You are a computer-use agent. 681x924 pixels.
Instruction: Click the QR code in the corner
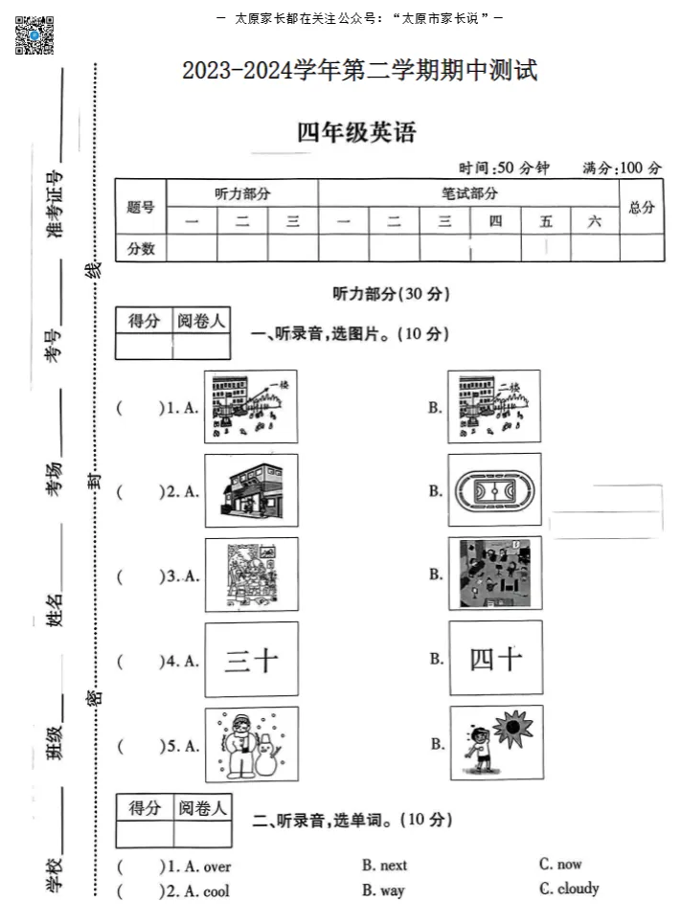point(34,34)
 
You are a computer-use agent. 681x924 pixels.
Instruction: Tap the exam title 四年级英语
point(357,133)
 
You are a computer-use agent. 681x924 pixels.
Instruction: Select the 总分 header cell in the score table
point(641,207)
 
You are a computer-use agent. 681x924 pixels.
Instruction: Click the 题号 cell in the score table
point(141,207)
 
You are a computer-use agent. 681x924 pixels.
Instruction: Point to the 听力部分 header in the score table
point(241,193)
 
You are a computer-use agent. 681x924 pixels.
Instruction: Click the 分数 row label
point(141,248)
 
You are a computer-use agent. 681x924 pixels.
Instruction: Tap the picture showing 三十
point(251,660)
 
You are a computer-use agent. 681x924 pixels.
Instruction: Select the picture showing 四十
point(495,659)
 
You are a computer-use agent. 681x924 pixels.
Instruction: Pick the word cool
point(216,890)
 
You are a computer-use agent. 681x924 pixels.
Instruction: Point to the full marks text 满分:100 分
point(622,169)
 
